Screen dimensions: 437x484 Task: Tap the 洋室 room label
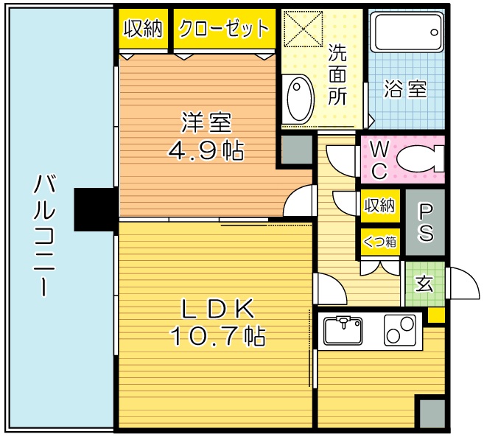click(x=206, y=122)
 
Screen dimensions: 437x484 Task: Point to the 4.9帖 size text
click(x=206, y=151)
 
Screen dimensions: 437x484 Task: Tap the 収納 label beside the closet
click(x=143, y=29)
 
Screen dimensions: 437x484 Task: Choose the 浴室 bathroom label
click(x=405, y=90)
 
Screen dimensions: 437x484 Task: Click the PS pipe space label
click(x=426, y=222)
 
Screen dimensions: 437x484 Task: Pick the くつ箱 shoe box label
click(x=380, y=241)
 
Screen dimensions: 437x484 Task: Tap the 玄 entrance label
click(x=425, y=284)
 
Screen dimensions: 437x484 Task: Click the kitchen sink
click(x=345, y=329)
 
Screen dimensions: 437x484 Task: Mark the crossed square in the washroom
click(x=301, y=30)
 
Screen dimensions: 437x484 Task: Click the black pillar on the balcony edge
click(x=96, y=207)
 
